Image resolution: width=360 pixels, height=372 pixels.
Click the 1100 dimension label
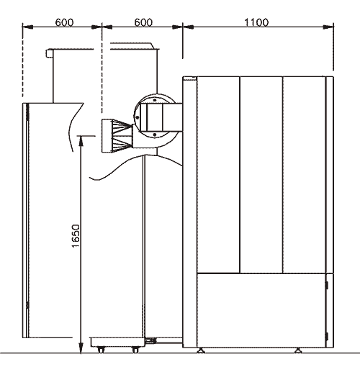[x=256, y=22]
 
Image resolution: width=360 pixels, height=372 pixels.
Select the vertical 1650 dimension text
[x=76, y=236]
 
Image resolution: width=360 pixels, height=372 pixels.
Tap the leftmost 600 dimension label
[x=64, y=22]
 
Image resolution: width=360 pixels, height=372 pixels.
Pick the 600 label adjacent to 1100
[x=143, y=22]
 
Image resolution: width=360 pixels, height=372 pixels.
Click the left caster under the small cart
[x=102, y=350]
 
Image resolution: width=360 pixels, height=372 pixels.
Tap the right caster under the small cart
[x=135, y=350]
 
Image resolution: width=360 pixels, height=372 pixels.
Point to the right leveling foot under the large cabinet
[x=298, y=350]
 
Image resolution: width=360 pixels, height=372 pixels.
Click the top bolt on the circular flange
[x=155, y=100]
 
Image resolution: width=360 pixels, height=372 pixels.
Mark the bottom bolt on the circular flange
[x=155, y=135]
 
